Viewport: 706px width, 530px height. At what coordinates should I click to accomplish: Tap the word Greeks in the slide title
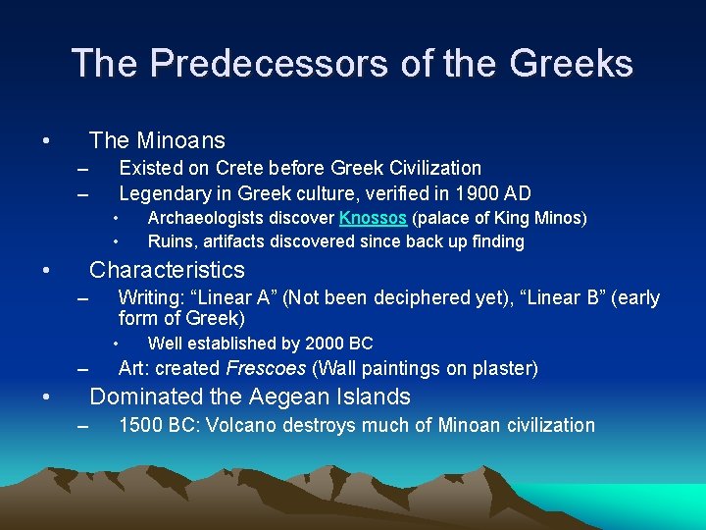572,64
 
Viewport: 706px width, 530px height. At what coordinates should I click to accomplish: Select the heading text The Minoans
157,140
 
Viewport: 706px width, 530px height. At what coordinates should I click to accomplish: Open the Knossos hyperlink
373,218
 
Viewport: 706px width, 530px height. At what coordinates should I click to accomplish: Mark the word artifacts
235,241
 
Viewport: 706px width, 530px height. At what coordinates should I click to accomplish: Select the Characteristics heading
167,270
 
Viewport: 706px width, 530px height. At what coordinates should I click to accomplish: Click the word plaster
499,369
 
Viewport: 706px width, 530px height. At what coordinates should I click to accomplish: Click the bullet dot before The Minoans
46,140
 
